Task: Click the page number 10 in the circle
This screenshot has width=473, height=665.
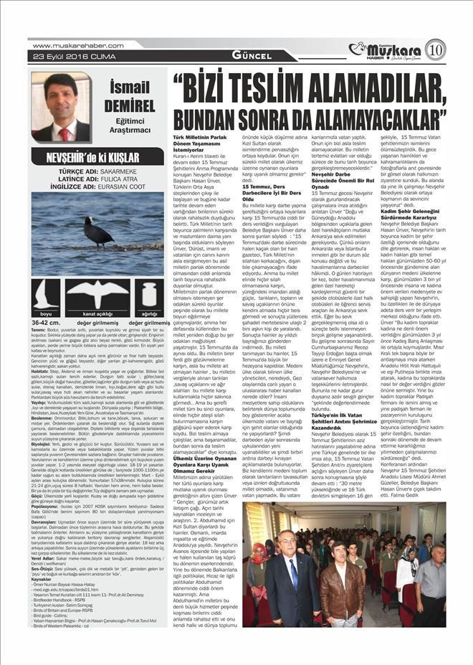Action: pos(436,49)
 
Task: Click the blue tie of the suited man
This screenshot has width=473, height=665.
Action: pos(293,573)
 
